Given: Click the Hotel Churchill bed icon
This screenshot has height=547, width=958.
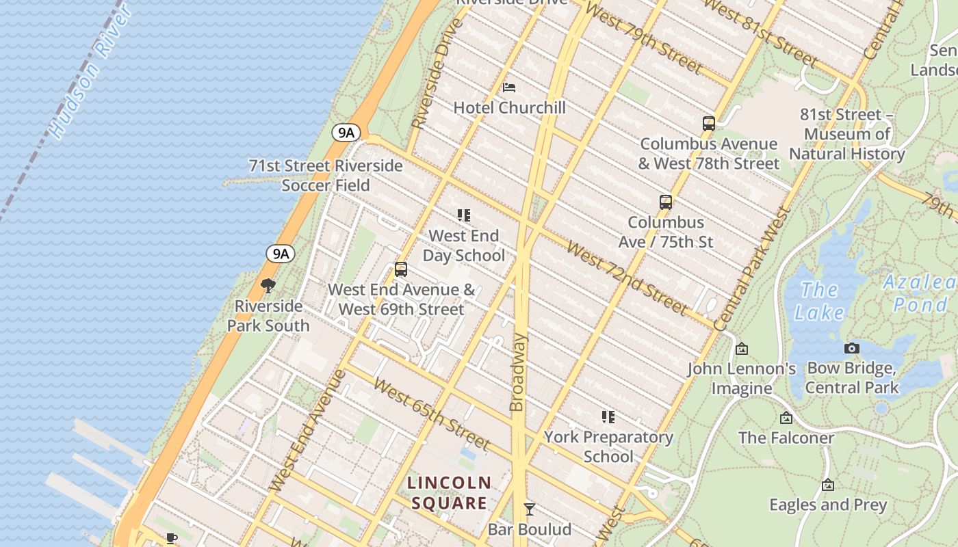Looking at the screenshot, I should pos(509,88).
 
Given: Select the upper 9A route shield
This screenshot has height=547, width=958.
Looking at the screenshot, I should pos(346,133).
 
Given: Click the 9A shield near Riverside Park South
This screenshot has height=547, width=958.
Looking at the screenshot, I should pos(281,254).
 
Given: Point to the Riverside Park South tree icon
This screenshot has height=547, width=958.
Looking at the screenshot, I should pos(268,286).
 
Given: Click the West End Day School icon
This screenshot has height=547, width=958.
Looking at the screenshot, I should pos(464,216).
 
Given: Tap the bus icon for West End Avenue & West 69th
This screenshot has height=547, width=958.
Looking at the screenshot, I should pos(401,269).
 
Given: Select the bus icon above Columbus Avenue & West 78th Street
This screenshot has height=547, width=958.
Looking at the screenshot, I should pos(709,124).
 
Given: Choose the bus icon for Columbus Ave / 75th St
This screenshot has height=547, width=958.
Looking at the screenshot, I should pos(666,202).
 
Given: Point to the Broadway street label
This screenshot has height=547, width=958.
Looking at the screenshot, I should pos(518,373).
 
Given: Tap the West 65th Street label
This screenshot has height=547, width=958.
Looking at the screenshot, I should pos(432,414).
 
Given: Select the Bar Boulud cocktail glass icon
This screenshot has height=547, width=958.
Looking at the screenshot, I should pos(529,509).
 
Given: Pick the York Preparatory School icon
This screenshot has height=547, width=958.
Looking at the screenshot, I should pos(608,417).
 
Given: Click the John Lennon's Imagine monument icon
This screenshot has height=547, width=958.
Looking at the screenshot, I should pos(742,349).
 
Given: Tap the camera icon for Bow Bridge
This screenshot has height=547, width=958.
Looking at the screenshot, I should pos(852,349).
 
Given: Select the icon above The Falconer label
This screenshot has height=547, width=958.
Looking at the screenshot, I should pos(786,418).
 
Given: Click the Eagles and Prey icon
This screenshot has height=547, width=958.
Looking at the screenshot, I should pos(828,485).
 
